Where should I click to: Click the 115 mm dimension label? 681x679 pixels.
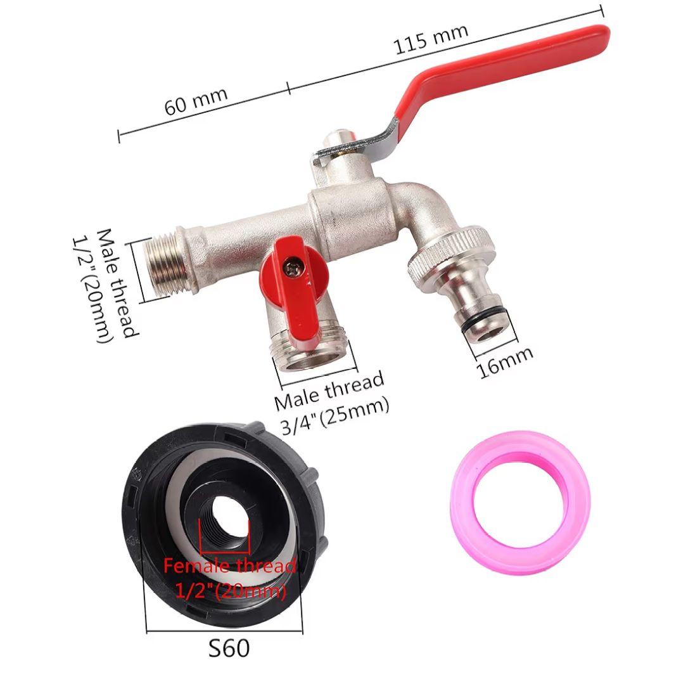click(431, 39)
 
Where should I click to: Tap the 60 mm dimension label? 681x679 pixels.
click(196, 101)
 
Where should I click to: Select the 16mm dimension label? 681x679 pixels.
click(504, 363)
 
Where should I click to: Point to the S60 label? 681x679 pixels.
click(229, 649)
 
